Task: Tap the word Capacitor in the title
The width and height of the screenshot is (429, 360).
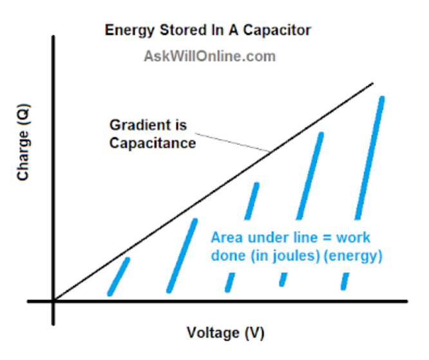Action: pos(281,30)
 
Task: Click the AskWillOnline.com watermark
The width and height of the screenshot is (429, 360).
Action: pos(209,56)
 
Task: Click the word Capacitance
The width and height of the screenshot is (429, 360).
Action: pos(152,143)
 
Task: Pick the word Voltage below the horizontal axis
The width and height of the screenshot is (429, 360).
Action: pos(211,333)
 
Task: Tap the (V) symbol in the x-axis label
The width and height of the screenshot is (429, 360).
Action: pos(252,333)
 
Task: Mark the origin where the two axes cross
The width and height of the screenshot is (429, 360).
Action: pos(54,301)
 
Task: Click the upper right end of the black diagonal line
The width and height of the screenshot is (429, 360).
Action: pos(372,83)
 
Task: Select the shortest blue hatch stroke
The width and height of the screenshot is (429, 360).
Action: pos(119,276)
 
